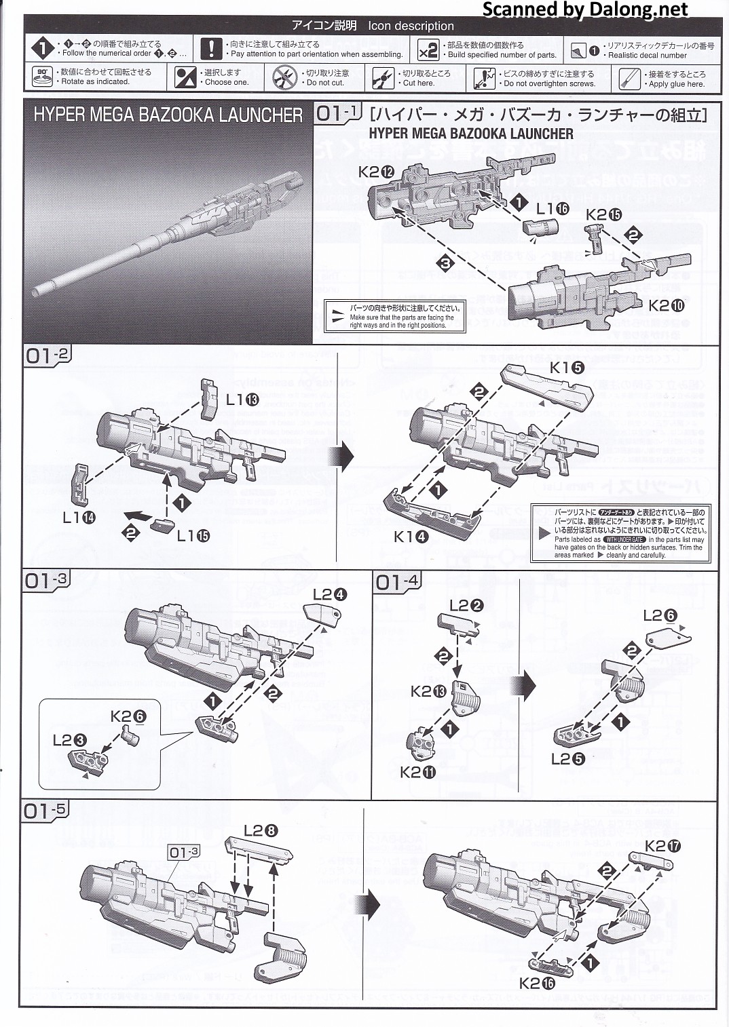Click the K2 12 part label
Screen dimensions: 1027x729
(x=376, y=172)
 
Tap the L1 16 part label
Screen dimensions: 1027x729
(x=553, y=209)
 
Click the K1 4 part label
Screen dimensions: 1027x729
(x=411, y=537)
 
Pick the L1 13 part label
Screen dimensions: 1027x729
(x=242, y=400)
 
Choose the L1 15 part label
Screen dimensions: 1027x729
(x=193, y=535)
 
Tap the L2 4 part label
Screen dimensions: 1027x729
(x=330, y=594)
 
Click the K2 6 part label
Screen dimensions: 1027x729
(x=128, y=716)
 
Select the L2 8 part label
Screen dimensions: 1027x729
(x=260, y=830)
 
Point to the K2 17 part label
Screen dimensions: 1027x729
(x=662, y=845)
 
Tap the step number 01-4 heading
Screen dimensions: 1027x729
(x=397, y=581)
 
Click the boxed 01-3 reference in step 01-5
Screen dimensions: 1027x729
(x=184, y=852)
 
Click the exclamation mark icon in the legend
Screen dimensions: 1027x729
(x=211, y=49)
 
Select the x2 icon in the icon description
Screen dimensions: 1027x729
(x=428, y=50)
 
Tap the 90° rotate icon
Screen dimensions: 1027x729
(x=42, y=77)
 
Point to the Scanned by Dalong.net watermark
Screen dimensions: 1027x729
(x=584, y=9)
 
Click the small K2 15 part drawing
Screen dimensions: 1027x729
(x=597, y=239)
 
